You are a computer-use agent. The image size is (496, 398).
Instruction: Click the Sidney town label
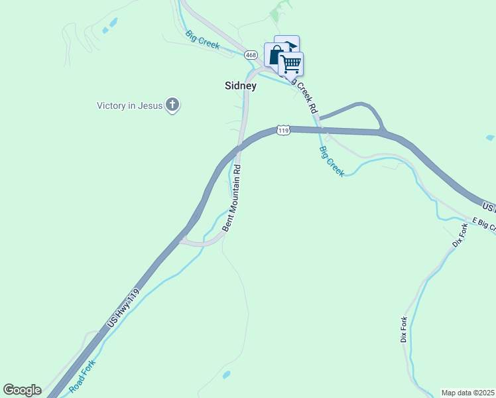coord(240,86)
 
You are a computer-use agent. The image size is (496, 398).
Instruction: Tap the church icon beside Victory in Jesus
coord(172,105)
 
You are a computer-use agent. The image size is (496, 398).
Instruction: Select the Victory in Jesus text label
coord(130,105)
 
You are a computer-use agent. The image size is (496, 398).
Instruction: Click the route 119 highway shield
coord(284,130)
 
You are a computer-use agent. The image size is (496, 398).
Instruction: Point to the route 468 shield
coord(251,54)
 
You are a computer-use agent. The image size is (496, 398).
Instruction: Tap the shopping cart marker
coord(291,64)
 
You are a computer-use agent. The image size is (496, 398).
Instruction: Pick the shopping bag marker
coord(274,54)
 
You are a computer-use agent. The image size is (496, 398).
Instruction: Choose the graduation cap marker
coord(288,44)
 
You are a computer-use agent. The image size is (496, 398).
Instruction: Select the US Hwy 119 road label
coord(124,309)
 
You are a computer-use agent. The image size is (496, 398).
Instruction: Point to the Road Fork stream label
coord(82,374)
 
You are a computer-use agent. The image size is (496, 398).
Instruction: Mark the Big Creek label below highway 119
coord(332,161)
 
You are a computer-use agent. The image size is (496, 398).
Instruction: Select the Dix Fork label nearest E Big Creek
coord(460,235)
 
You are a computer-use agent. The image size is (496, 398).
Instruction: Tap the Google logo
coord(22,390)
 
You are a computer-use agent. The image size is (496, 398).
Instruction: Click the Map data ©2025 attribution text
coord(468,393)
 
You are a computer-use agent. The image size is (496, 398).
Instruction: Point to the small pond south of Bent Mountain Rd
coord(227,375)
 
